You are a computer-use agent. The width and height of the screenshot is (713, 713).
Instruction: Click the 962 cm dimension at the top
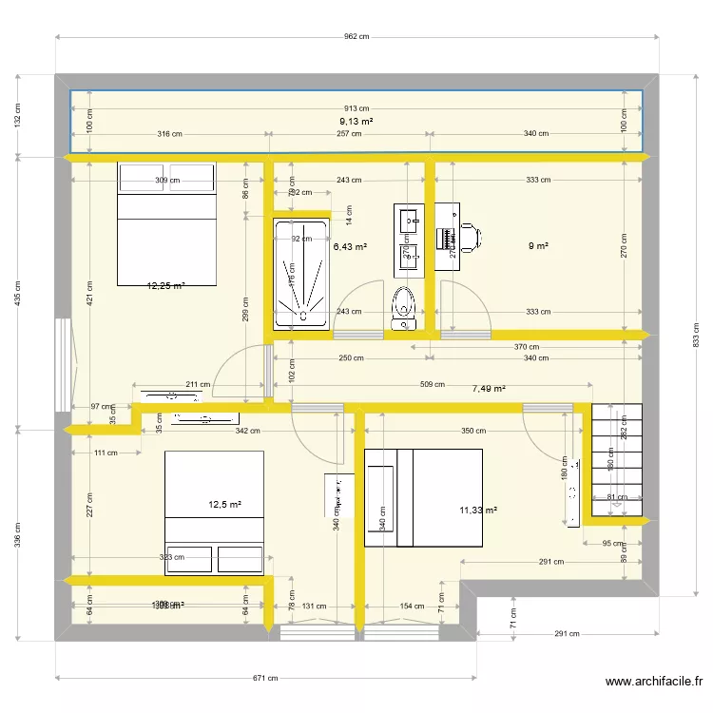pyautogui.click(x=356, y=37)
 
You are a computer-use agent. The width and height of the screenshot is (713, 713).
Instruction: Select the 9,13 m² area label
pyautogui.click(x=356, y=122)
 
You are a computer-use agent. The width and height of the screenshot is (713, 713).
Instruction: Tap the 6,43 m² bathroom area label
pyautogui.click(x=350, y=246)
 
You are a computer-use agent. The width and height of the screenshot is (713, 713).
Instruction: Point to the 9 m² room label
pyautogui.click(x=538, y=246)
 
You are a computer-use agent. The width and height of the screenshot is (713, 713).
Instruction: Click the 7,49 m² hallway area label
pyautogui.click(x=489, y=388)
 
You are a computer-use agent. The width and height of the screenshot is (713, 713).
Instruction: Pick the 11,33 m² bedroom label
pyautogui.click(x=478, y=511)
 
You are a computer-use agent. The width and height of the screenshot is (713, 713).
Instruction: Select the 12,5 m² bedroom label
pyautogui.click(x=225, y=505)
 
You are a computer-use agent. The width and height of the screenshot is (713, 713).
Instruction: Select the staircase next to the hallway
pyautogui.click(x=618, y=460)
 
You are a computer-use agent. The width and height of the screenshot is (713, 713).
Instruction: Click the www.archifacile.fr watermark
pyautogui.click(x=653, y=682)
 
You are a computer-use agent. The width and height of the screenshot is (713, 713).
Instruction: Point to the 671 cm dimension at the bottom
pyautogui.click(x=265, y=678)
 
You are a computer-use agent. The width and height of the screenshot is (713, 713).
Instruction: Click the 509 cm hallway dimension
pyautogui.click(x=432, y=385)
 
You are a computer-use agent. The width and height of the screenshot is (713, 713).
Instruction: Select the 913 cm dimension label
pyautogui.click(x=356, y=109)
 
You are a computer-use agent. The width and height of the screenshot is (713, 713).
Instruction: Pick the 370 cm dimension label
pyautogui.click(x=527, y=347)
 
